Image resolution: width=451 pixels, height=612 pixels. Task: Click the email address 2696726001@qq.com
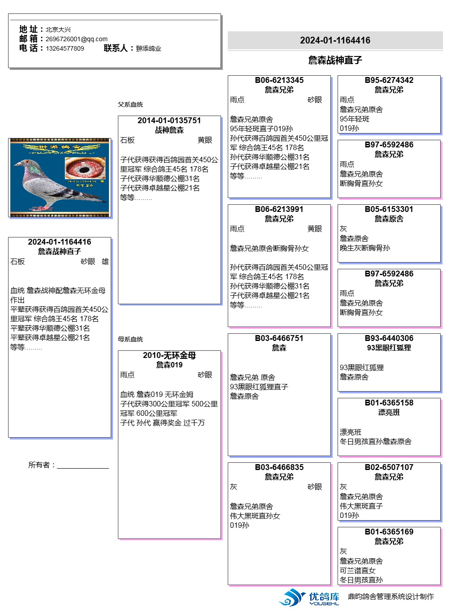[x=76, y=39]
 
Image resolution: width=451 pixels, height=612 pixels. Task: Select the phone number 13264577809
[x=65, y=48]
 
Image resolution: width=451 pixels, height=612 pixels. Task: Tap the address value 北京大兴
[x=58, y=30]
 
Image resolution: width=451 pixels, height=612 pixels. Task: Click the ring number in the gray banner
[x=335, y=40]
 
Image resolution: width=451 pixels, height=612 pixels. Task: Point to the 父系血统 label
[x=130, y=104]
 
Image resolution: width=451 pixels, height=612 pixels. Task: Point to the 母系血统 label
[x=130, y=339]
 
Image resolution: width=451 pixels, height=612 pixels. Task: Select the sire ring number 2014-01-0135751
[x=169, y=121]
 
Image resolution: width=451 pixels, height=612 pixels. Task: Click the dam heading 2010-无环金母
[x=169, y=355]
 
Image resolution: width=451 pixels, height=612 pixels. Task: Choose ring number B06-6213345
[x=279, y=80]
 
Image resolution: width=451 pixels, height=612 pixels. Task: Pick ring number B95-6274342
[x=389, y=80]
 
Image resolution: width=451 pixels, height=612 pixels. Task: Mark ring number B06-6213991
[x=279, y=209]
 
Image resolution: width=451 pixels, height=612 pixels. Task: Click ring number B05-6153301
[x=389, y=209]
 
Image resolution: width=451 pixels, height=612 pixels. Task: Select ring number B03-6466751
[x=279, y=338]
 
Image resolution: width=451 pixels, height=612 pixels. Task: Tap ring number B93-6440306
[x=389, y=338]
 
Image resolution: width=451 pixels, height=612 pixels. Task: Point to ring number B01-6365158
[x=389, y=403]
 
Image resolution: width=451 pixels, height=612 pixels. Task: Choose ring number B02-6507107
[x=389, y=467]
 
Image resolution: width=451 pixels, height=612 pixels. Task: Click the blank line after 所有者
[x=83, y=466]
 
